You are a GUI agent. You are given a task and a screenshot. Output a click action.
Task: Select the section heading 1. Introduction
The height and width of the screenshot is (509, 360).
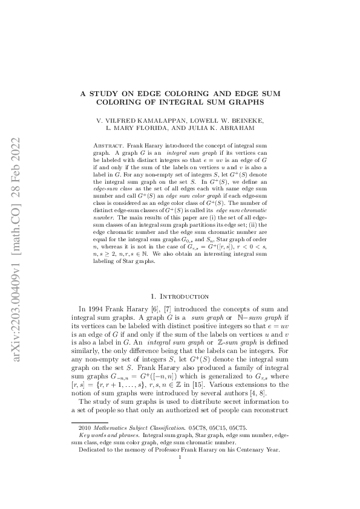[x=180, y=296]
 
